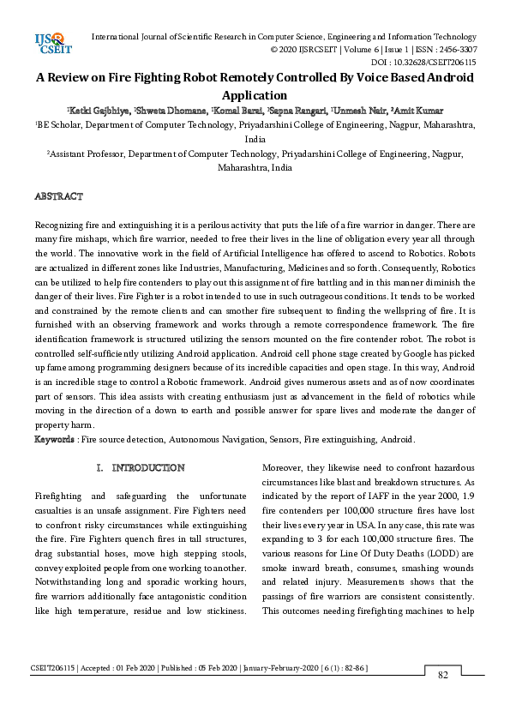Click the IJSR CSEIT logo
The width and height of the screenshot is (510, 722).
tap(52, 43)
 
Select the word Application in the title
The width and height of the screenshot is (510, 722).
tap(254, 95)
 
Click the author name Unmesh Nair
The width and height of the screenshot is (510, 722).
tap(357, 111)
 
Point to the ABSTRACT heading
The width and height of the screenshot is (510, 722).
tap(58, 196)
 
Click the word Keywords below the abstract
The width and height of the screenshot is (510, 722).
tap(54, 440)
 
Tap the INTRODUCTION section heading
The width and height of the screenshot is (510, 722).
tap(148, 468)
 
